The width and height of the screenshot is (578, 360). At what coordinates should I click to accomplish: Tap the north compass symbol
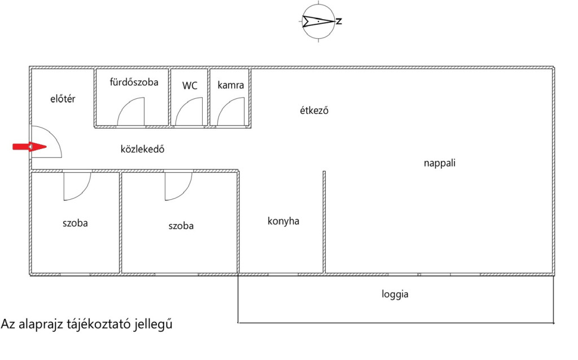[x=318, y=21]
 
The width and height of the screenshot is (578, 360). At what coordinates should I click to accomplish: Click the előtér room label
[x=63, y=99]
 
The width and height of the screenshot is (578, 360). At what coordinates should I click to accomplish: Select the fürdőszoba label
[x=134, y=82]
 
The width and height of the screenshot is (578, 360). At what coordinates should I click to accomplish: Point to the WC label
[x=190, y=86]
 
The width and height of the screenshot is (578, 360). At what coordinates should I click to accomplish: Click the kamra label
[x=231, y=85]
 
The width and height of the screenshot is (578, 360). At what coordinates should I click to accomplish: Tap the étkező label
[x=314, y=111]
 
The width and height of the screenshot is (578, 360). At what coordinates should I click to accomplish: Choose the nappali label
[x=439, y=164]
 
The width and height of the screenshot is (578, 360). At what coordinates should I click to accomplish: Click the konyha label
[x=283, y=221]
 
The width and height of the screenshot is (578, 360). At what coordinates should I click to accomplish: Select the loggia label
[x=395, y=294]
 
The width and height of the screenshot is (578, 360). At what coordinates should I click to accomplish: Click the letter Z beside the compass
[x=339, y=22]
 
